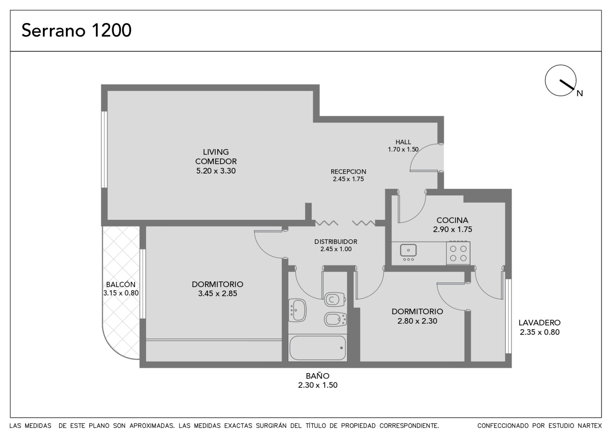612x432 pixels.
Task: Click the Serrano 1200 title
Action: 76,30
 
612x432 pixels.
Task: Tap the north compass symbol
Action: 560,80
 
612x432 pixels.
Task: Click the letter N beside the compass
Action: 580,93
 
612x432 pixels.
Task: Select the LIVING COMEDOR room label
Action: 216,156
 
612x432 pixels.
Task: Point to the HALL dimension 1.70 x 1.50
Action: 403,149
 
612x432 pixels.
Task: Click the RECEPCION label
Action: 348,172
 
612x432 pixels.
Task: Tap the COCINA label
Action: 452,220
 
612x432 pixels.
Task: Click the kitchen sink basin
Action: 409,250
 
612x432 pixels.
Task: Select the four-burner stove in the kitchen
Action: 458,253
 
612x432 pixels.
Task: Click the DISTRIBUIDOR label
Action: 336,242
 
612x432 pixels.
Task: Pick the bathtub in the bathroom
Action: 317,348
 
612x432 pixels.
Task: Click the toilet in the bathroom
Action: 335,299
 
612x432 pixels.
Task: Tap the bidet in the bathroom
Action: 335,319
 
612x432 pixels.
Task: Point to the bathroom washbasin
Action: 298,310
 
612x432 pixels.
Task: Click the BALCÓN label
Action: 121,284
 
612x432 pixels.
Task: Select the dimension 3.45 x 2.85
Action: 218,294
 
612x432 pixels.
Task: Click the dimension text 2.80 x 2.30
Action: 417,321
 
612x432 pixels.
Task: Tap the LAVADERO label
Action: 540,323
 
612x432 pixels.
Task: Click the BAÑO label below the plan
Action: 317,376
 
